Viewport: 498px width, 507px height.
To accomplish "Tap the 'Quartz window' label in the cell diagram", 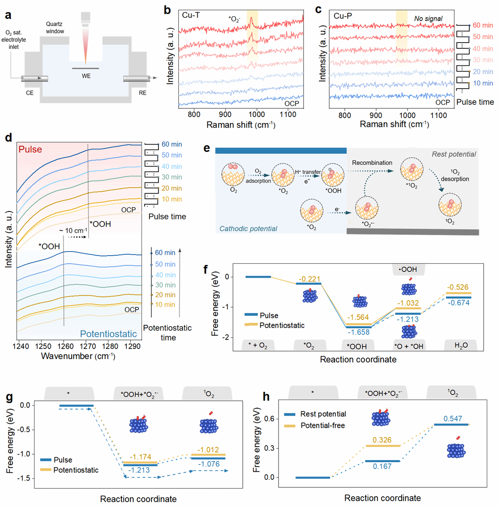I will [x=55, y=28].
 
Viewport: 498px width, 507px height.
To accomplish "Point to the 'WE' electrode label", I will [x=86, y=76].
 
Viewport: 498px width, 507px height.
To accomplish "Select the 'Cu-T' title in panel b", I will [x=191, y=15].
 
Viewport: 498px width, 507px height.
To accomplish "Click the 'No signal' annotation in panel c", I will [x=428, y=18].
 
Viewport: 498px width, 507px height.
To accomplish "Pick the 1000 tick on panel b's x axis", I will [x=257, y=115].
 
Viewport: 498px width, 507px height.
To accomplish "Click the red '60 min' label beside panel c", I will [x=483, y=26].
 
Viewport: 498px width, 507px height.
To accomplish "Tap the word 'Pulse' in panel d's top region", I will [x=30, y=149].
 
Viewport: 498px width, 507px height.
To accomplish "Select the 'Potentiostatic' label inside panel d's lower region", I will [x=108, y=334].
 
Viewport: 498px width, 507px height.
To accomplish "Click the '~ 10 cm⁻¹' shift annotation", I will [x=73, y=230].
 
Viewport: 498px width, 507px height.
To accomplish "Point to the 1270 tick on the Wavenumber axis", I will [x=88, y=346].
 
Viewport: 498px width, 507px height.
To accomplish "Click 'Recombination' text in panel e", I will [x=372, y=163].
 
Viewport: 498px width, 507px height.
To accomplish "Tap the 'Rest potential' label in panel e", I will [x=454, y=154].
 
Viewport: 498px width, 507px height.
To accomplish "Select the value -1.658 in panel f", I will [x=358, y=332].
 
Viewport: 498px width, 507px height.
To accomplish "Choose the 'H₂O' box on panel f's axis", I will [x=460, y=346].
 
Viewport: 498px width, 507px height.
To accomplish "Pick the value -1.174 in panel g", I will [x=139, y=457].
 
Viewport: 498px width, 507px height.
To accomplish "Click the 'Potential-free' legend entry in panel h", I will [x=322, y=425].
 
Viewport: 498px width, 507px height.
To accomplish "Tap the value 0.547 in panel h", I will [x=453, y=418].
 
